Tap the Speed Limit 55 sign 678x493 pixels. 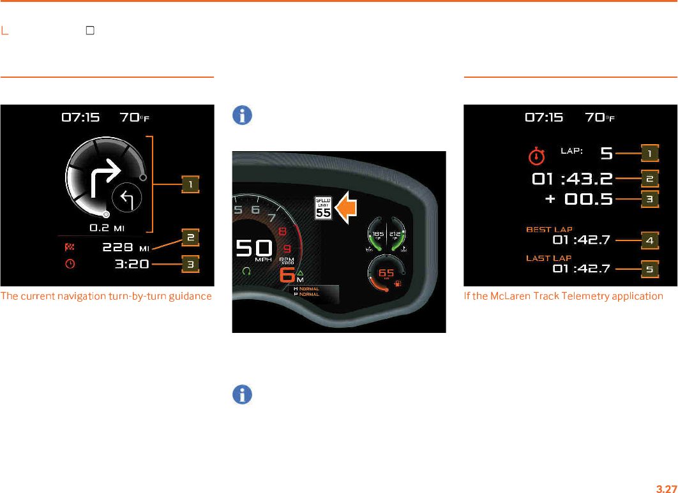point(324,209)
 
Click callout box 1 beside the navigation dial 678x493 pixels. point(190,185)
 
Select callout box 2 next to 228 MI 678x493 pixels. point(190,237)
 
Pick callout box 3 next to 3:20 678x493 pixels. point(190,263)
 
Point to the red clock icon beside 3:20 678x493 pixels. point(71,263)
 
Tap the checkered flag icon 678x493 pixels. point(71,246)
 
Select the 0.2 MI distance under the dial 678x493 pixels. point(108,227)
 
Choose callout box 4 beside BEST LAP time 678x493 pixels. point(649,241)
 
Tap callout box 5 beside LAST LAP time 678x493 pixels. point(649,269)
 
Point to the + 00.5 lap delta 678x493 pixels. point(579,199)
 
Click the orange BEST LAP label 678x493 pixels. point(549,229)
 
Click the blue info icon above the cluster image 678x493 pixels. point(242,115)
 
